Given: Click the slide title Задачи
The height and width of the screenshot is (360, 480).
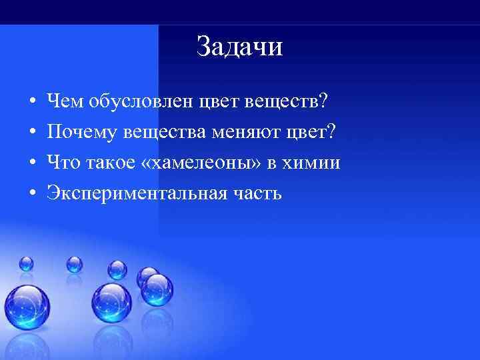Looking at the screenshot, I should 240,47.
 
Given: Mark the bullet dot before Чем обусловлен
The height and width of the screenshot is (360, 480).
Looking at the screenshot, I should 32,103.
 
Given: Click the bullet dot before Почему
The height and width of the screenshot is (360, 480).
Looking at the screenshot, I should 32,133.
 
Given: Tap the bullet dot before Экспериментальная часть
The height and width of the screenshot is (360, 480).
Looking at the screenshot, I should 32,194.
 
